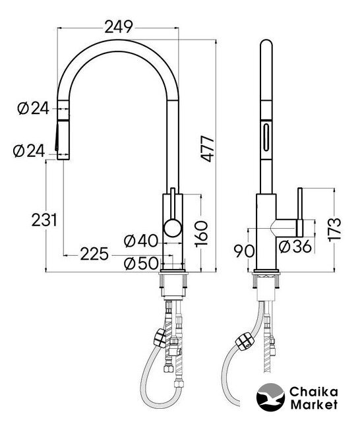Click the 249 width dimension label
[x=119, y=27]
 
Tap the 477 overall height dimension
[x=208, y=149]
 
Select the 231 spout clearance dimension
[x=44, y=220]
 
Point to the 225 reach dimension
[x=94, y=254]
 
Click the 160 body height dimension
[x=202, y=233]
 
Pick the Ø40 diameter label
[x=141, y=241]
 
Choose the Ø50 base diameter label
[x=141, y=263]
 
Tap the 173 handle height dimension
[x=335, y=229]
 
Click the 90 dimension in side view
[x=244, y=251]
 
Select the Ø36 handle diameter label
[x=295, y=247]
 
